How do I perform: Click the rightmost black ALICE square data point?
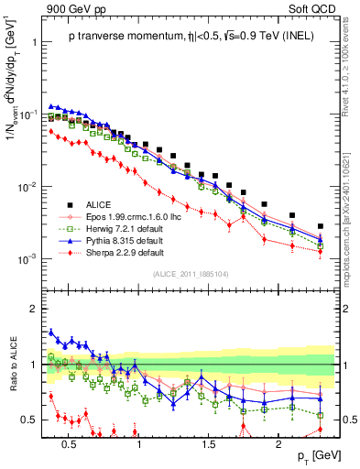pyautogui.click(x=320, y=226)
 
